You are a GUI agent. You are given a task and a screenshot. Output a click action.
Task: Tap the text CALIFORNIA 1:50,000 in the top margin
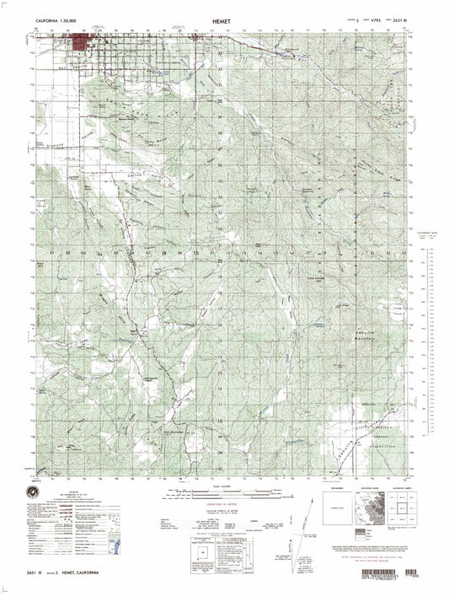56,18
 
